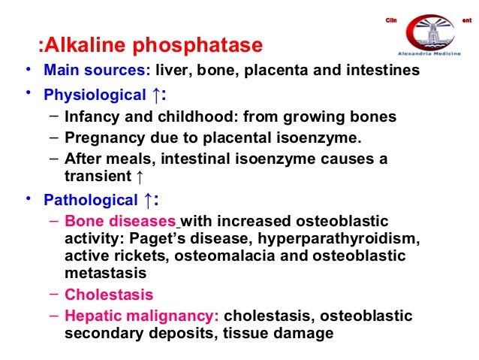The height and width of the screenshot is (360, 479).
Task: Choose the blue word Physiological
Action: pyautogui.click(x=95, y=95)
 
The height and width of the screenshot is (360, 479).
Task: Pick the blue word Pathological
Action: pyautogui.click(x=90, y=200)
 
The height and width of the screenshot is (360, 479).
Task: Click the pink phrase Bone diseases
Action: pyautogui.click(x=121, y=221)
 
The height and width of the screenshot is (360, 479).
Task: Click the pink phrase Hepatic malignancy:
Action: pyautogui.click(x=141, y=316)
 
